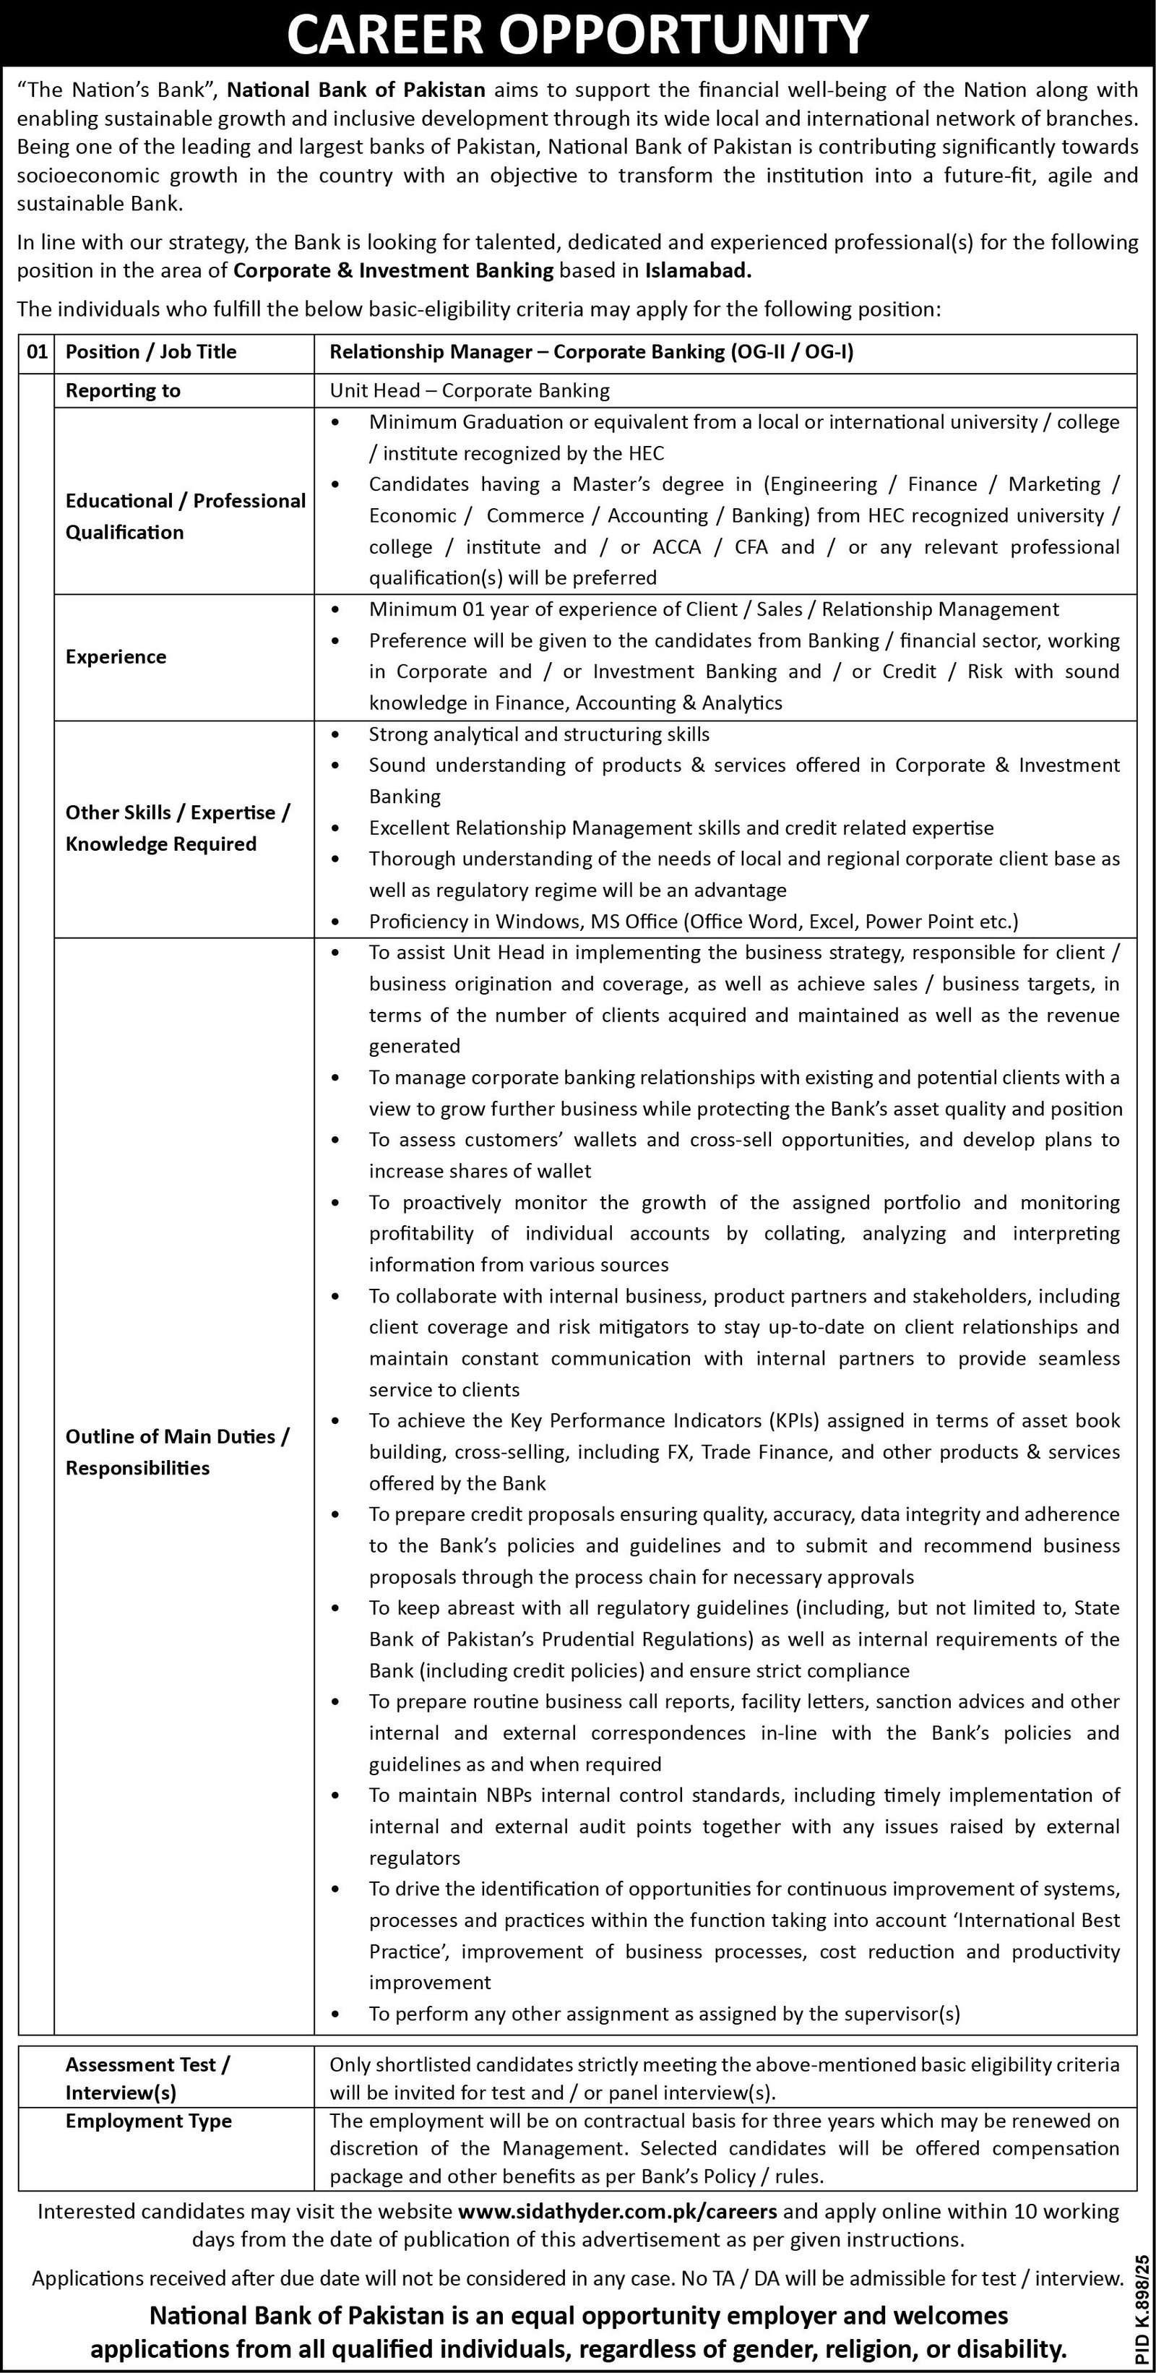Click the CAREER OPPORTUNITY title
pyautogui.click(x=577, y=35)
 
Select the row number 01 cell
pyautogui.click(x=36, y=352)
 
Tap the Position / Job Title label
pyautogui.click(x=151, y=352)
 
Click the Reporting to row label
pyautogui.click(x=123, y=390)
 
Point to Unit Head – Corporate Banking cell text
pyautogui.click(x=470, y=390)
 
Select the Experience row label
pyautogui.click(x=116, y=657)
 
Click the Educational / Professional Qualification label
pyautogui.click(x=185, y=517)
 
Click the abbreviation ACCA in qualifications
pyautogui.click(x=676, y=547)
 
